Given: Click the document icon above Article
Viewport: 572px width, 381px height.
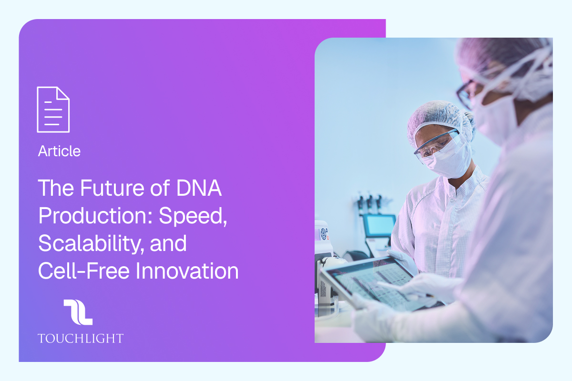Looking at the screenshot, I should [x=53, y=109].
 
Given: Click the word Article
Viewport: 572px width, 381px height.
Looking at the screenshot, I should [x=59, y=151].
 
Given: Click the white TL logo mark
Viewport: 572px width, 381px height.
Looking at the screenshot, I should [x=78, y=312].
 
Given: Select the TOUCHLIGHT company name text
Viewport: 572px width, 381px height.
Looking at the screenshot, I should [x=80, y=339].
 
